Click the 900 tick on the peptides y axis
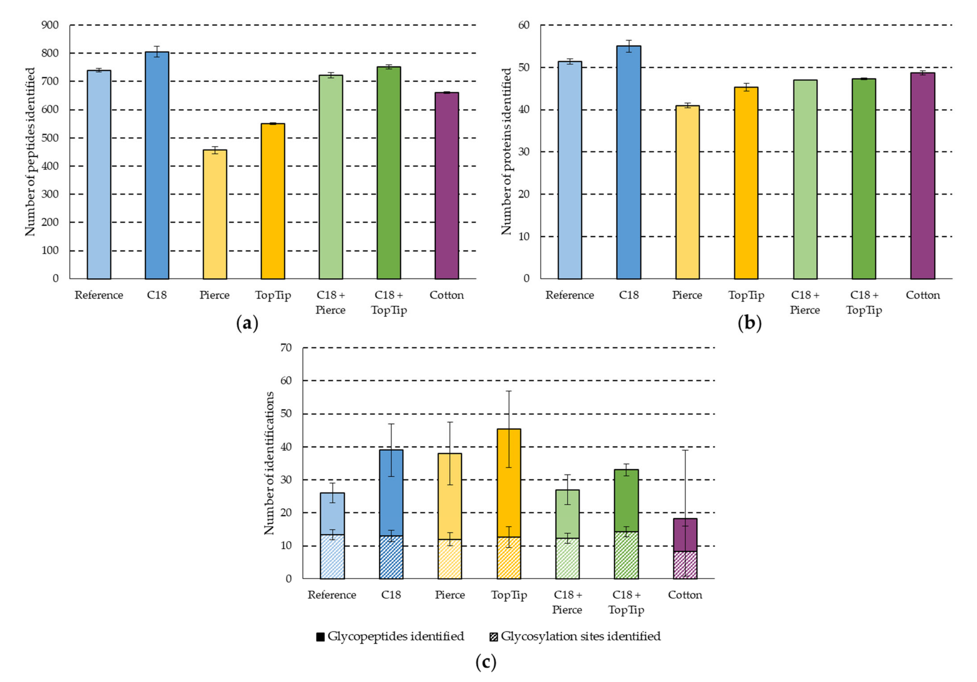50,25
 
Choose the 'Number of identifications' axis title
269,463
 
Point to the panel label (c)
486,662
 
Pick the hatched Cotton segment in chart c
685,565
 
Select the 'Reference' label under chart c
332,595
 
